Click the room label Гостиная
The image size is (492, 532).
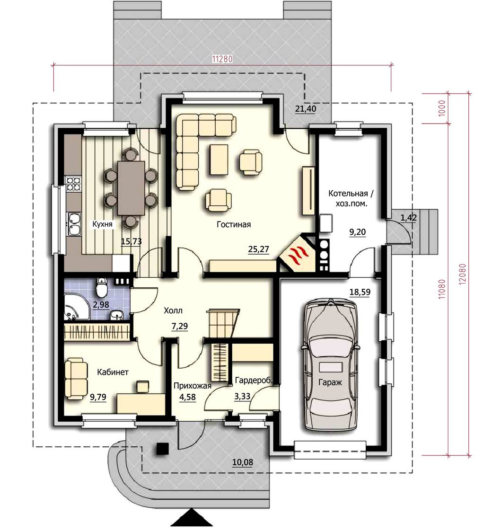point(234,224)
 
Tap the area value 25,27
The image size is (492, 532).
point(258,249)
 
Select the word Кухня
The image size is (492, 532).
point(102,224)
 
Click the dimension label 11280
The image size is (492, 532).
point(222,59)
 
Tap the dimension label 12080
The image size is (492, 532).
point(463,275)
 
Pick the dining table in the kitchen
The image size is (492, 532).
point(131,188)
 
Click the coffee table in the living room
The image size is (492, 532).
point(219,160)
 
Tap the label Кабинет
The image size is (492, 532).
point(113,372)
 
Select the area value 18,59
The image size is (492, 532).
point(360,292)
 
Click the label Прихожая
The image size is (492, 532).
point(192,386)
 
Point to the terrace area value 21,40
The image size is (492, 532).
point(306,109)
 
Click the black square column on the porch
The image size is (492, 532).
point(162,449)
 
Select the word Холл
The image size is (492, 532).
point(173,310)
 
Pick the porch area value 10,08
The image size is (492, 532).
point(242,462)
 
